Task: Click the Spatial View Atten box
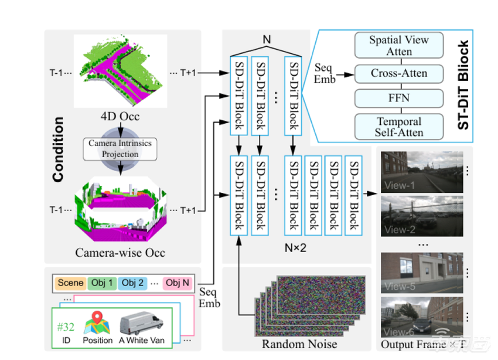coord(398,46)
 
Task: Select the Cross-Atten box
coord(398,74)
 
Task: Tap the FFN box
coord(398,97)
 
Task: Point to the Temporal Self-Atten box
coord(398,127)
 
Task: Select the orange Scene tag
coord(71,283)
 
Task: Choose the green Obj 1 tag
coord(102,283)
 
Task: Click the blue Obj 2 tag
coord(133,283)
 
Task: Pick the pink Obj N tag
coord(178,283)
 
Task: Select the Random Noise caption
coord(299,344)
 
